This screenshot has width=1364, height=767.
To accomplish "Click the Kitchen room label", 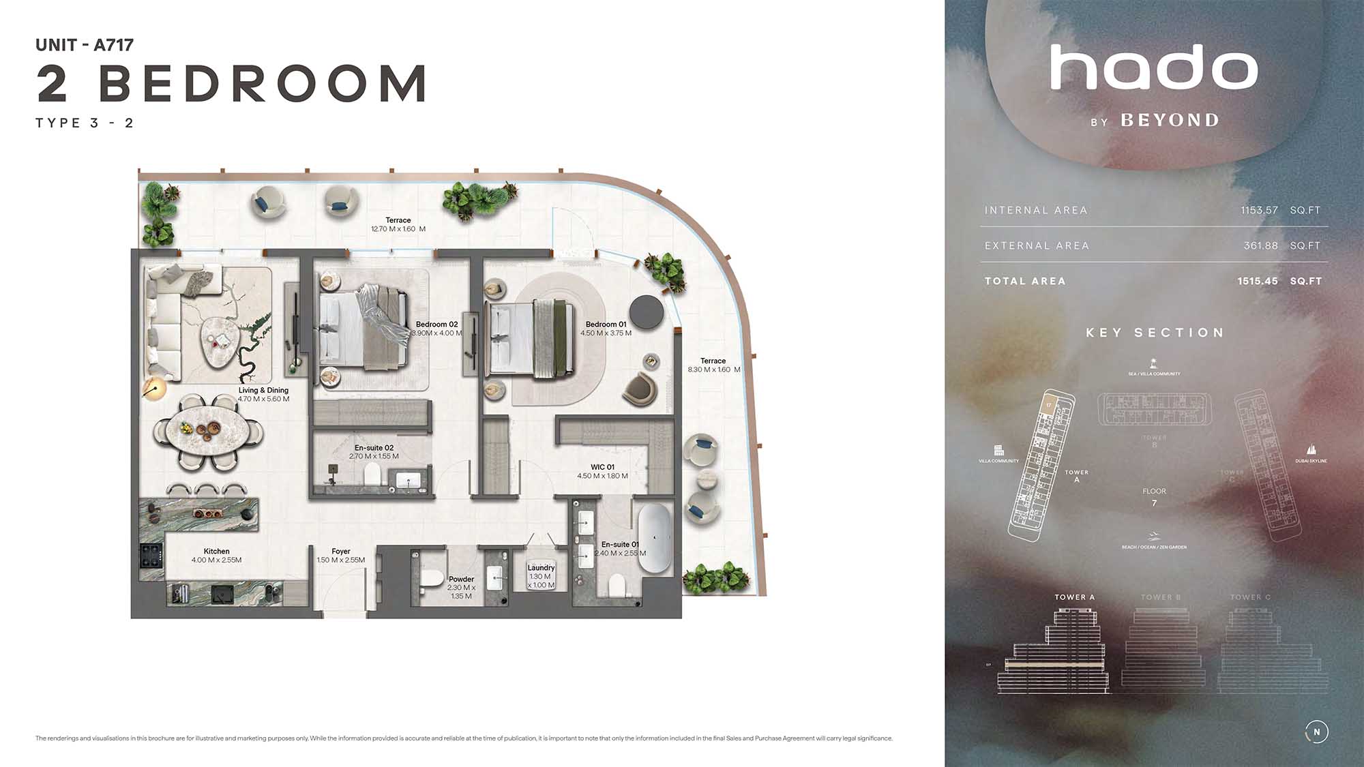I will coord(216,552).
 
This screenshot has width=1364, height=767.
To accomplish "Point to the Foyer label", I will coord(341,552).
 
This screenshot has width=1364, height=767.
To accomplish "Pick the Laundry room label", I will coord(541,568).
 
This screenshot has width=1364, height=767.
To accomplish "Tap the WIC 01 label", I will coord(602,468).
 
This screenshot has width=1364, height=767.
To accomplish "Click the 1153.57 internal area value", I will coord(1259,211).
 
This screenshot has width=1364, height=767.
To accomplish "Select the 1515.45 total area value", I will coord(1258,282).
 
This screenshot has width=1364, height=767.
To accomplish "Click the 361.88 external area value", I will coord(1260,246).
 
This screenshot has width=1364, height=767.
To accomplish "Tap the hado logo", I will coord(1154,68).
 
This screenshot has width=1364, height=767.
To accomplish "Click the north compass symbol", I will coord(1316,732).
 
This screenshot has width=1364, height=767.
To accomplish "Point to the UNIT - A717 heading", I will coord(85,45).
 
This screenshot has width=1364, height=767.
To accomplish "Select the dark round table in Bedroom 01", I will coord(646,312).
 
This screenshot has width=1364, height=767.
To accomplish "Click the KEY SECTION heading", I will coord(1155,333).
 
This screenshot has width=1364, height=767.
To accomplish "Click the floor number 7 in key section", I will coord(1154,503).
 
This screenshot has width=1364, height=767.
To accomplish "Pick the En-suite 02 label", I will coord(374,448).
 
